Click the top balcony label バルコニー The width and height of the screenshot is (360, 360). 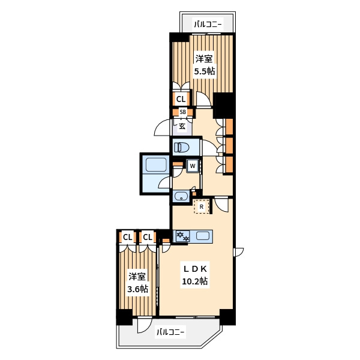[x=208, y=24]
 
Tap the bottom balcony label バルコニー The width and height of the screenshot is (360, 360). [x=170, y=332]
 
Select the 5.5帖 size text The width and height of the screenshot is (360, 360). [x=205, y=71]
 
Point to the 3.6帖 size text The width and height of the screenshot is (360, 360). [x=137, y=289]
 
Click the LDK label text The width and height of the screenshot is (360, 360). [x=195, y=269]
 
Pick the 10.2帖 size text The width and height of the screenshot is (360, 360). [x=194, y=281]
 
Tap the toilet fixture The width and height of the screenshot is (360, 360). [x=181, y=147]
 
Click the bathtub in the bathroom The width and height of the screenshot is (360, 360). [x=156, y=164]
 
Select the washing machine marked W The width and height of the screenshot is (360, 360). [x=193, y=166]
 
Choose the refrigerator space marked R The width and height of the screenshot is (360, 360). [x=202, y=206]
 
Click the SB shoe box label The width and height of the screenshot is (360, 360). [x=183, y=112]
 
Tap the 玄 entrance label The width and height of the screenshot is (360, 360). [x=182, y=126]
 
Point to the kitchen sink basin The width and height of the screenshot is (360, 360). [x=203, y=236]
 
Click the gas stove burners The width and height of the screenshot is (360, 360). [x=183, y=236]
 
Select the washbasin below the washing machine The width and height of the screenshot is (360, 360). [x=181, y=196]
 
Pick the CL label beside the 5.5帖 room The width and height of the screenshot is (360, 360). [x=181, y=99]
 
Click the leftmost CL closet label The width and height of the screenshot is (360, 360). [x=127, y=237]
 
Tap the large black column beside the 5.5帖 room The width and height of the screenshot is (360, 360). [x=224, y=104]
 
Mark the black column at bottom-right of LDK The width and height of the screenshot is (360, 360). [x=227, y=317]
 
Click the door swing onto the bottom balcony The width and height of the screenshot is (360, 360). [x=144, y=325]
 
